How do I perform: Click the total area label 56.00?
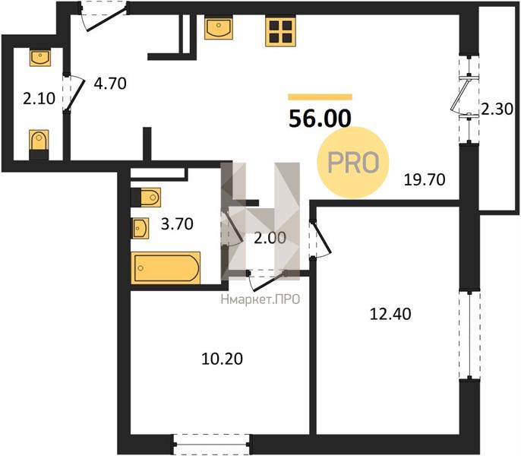[x=320, y=119]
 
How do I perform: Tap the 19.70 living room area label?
[x=425, y=180]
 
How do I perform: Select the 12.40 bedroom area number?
[x=390, y=314]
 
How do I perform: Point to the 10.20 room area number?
[x=222, y=359]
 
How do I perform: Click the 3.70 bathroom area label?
[x=177, y=224]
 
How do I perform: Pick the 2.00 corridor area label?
[x=270, y=238]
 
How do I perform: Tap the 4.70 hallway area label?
[x=110, y=84]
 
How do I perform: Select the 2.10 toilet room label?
[x=39, y=99]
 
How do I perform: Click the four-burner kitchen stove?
[x=280, y=31]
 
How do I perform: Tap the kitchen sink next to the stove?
[x=218, y=28]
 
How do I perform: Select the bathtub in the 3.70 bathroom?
[x=166, y=268]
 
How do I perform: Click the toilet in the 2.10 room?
[x=39, y=144]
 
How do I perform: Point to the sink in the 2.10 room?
[x=40, y=58]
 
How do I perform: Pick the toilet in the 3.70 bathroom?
[x=146, y=198]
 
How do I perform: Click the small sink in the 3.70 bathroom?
[x=140, y=228]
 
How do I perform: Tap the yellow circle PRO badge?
[x=353, y=163]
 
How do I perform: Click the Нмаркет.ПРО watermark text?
[x=260, y=299]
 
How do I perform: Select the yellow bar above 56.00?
[x=320, y=97]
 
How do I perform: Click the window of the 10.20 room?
[x=211, y=445]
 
